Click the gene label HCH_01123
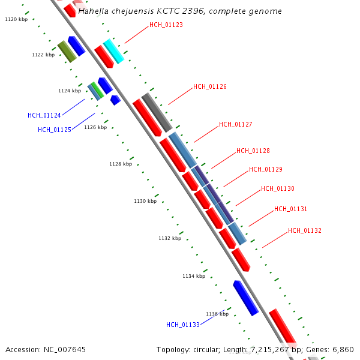(166, 25)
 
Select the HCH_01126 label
(210, 87)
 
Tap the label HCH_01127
(236, 125)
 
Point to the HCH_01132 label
(305, 231)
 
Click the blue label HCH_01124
(44, 115)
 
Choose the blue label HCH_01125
(55, 130)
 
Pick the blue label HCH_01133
(183, 325)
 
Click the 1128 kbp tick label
(121, 164)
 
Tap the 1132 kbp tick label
(170, 238)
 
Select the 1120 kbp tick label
(16, 20)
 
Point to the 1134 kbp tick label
(194, 276)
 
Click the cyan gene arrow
(113, 51)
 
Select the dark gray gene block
(157, 112)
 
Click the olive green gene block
(67, 52)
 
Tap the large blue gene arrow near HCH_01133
(246, 298)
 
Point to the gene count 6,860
(343, 349)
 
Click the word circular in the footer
(206, 349)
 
